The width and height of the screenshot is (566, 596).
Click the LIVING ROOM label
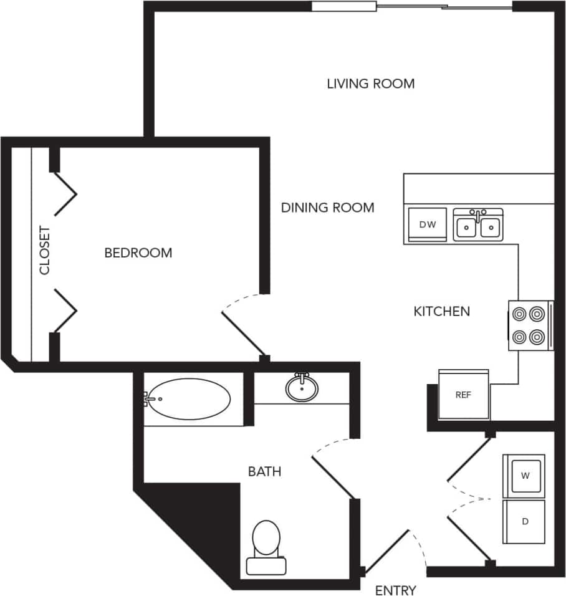point(370,84)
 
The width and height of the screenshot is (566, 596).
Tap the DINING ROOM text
point(327,208)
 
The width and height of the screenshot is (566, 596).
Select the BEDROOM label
point(138,253)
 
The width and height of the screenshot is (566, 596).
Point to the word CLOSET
point(45,251)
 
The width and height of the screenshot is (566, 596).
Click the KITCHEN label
point(441,311)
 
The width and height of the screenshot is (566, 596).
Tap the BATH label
point(264,472)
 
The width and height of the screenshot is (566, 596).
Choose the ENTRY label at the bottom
point(396,590)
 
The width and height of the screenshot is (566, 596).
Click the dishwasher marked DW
point(427,224)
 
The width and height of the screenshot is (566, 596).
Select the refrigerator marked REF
point(463,395)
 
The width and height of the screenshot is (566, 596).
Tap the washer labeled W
point(525,476)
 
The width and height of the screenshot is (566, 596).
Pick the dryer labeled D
point(525,521)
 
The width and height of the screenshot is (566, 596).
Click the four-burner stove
point(529,325)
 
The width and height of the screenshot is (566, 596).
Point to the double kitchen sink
point(477,225)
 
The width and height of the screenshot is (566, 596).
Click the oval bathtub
point(188,399)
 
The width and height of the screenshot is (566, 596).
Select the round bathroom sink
point(302,388)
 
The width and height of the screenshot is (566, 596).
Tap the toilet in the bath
point(266,545)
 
